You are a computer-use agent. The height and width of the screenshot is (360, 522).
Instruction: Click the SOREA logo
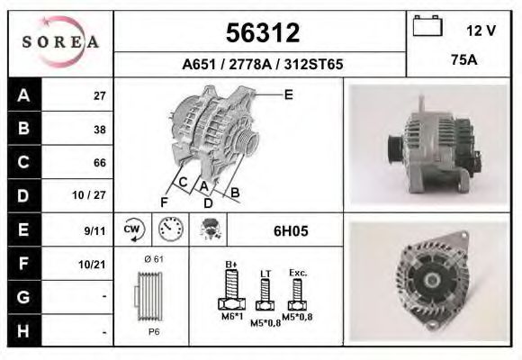[x=60, y=42]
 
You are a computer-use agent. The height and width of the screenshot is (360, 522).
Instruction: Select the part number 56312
[x=261, y=33]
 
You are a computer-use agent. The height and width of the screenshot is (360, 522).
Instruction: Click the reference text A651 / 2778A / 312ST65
[x=261, y=65]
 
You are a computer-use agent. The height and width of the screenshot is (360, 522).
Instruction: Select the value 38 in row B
[x=100, y=130]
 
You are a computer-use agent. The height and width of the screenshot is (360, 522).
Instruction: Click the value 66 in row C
[x=100, y=163]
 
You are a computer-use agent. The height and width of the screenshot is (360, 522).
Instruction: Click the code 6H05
[x=290, y=230]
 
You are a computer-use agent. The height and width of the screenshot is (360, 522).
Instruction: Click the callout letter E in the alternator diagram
[x=288, y=93]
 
